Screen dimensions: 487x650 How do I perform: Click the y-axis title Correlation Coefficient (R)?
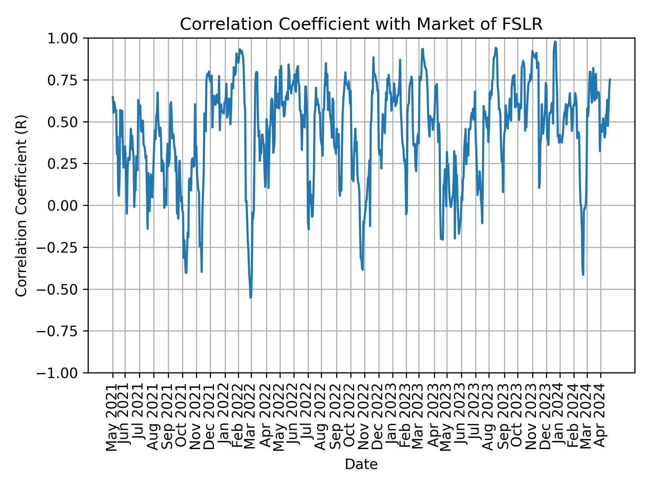click(x=21, y=205)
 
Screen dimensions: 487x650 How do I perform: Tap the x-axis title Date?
click(x=361, y=465)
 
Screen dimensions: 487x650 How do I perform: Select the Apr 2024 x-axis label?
click(x=601, y=419)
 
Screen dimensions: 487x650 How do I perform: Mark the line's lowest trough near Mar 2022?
click(x=251, y=297)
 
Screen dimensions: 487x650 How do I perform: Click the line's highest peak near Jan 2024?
click(x=555, y=41)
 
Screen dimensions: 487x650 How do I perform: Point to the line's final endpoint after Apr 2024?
click(x=610, y=79)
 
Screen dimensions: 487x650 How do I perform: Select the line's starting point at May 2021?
click(x=113, y=97)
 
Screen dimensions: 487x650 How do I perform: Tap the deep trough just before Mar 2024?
click(x=583, y=274)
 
